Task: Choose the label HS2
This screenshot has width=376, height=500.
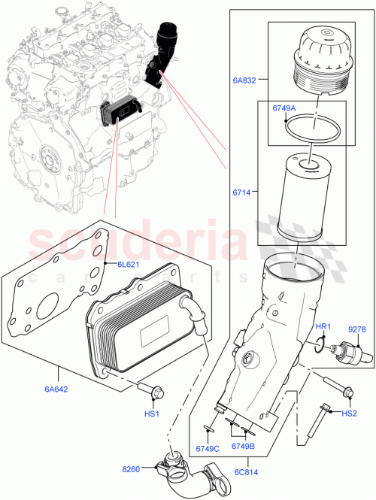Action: click(x=350, y=414)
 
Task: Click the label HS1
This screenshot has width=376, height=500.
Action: click(x=152, y=414)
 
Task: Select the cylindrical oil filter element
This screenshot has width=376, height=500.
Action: click(x=308, y=197)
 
